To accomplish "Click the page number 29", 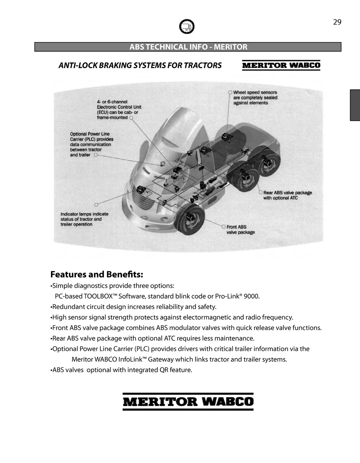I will (337, 22).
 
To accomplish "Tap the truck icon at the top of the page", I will (187, 26).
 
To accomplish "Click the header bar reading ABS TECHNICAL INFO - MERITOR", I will (188, 47).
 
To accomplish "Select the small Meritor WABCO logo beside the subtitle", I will (281, 65).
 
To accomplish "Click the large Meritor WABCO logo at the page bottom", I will (188, 402).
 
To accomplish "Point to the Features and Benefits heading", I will (97, 274).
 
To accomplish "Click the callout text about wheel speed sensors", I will (255, 98).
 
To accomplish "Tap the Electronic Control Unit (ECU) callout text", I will (119, 110).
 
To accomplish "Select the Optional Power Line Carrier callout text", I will (91, 144).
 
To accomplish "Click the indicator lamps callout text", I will (84, 219).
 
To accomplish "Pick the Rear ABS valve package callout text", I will (287, 195).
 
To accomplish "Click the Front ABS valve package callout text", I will (240, 229).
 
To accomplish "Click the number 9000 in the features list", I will (251, 296).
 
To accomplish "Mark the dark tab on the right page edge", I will (355, 105).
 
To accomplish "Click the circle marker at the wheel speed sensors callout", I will (230, 93).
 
